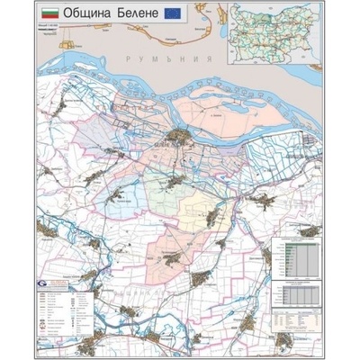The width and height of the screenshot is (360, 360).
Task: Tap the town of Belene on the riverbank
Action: coord(180,138)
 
